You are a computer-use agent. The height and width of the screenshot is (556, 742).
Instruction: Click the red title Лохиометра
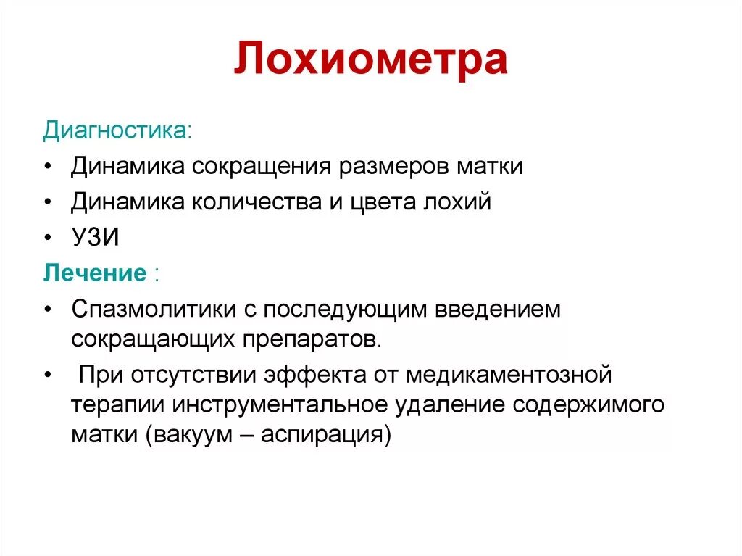pos(370,62)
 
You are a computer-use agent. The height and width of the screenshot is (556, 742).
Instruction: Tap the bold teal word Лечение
pos(95,273)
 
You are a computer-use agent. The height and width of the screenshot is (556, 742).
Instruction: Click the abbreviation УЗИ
pos(95,238)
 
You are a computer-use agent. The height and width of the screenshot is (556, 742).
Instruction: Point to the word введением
pos(498,310)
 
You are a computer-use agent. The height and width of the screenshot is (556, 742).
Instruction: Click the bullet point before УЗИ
pos(47,238)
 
